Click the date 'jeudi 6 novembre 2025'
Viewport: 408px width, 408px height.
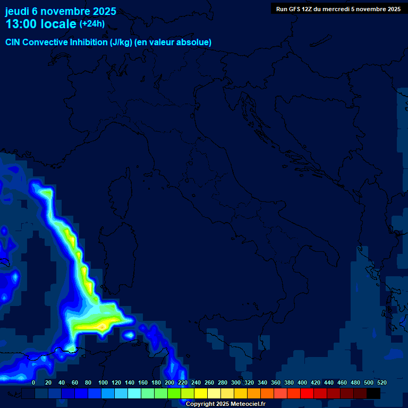click(61, 11)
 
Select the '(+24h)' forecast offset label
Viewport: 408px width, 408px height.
click(92, 23)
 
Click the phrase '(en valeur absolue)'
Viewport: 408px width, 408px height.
click(173, 42)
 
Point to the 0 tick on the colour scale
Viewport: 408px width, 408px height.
click(33, 383)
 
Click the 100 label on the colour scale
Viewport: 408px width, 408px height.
click(103, 383)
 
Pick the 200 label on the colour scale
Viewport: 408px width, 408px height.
click(169, 383)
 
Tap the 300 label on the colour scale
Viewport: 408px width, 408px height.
click(236, 383)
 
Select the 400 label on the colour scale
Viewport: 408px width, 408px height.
click(302, 383)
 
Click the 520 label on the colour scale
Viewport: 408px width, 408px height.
click(381, 383)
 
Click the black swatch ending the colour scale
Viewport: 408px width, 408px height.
click(373, 394)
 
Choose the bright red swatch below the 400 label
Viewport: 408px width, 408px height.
click(307, 394)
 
